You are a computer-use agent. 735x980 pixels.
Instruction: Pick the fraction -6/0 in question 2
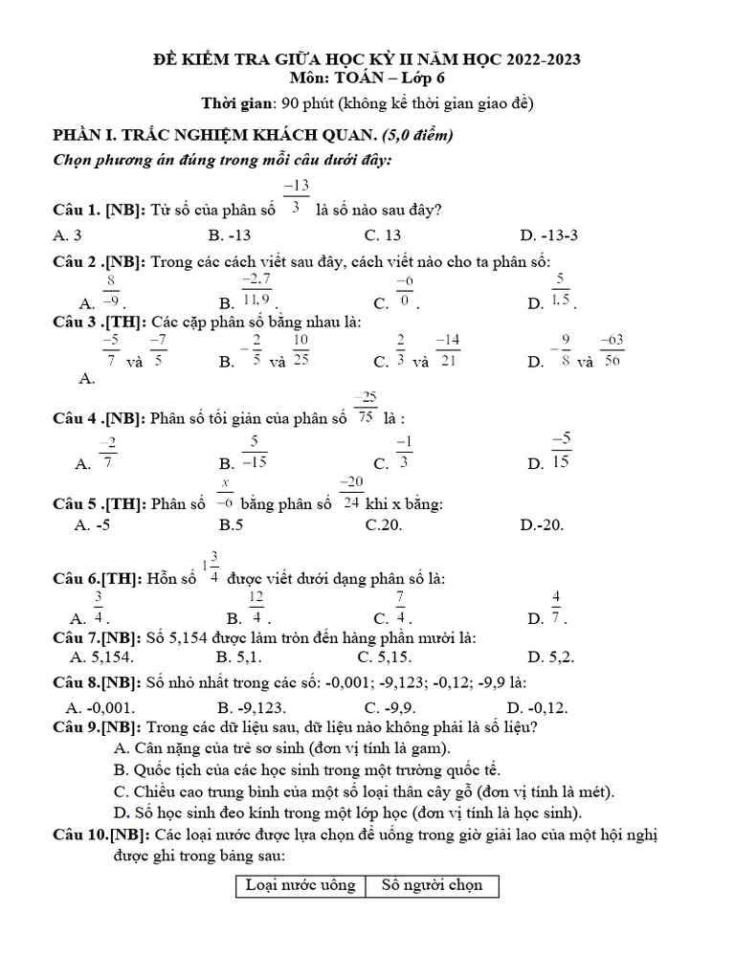[x=405, y=290]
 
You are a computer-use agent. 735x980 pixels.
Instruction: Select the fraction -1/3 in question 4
[x=405, y=451]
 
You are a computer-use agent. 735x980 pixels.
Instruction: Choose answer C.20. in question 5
[x=384, y=523]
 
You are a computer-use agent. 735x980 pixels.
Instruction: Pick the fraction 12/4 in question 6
[x=256, y=607]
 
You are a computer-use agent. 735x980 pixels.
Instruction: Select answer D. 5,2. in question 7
[x=550, y=657]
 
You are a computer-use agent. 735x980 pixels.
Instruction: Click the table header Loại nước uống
[x=301, y=884]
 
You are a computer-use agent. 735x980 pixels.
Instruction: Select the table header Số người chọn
[x=432, y=884]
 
